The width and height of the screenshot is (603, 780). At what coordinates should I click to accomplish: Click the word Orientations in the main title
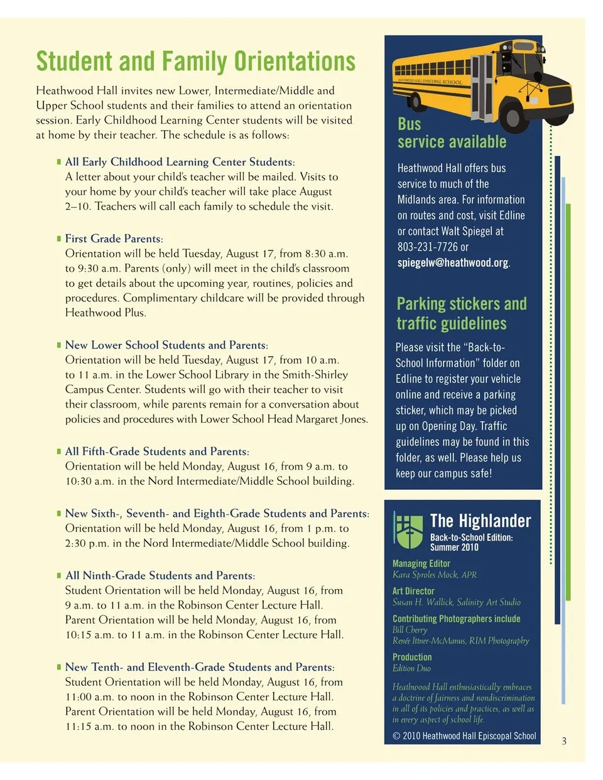[295, 62]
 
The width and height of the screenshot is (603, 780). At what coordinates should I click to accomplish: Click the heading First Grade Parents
[114, 239]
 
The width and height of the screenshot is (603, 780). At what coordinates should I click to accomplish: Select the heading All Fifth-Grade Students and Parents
[157, 452]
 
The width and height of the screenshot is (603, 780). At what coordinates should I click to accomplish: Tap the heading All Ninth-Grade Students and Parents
[160, 575]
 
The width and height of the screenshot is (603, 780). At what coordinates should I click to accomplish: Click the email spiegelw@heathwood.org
[453, 263]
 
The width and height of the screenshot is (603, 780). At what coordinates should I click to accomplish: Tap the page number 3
[564, 741]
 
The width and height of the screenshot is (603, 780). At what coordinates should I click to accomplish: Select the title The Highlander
[480, 521]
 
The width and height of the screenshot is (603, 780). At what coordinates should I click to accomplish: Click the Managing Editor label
[421, 563]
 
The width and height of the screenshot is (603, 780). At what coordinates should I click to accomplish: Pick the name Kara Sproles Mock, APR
[434, 575]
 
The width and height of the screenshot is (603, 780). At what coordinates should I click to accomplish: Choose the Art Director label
[413, 591]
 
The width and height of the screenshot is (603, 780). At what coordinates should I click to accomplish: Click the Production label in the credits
[412, 657]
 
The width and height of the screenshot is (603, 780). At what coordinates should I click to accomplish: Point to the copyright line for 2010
[464, 735]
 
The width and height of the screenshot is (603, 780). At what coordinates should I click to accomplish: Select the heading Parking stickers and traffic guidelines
[461, 313]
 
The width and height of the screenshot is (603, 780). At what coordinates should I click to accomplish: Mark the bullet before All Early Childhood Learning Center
[59, 162]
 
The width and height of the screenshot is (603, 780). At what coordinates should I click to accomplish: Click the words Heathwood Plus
[105, 313]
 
